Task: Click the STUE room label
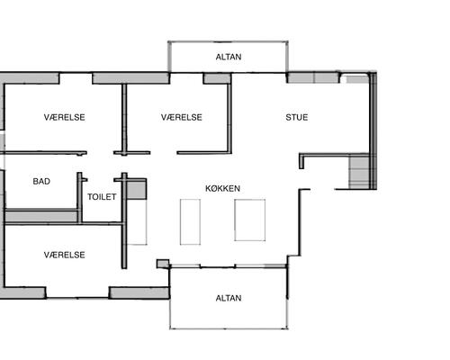(x=297, y=117)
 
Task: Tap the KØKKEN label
(x=222, y=188)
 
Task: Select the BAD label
(x=41, y=181)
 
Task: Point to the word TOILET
(x=102, y=197)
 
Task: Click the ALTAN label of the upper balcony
(x=229, y=57)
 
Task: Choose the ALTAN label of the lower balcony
(x=229, y=298)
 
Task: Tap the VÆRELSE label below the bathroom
(x=65, y=255)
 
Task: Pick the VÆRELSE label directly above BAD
(x=65, y=117)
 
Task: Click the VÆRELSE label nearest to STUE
(x=182, y=117)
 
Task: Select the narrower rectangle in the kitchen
(x=190, y=221)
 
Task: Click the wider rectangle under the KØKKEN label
(x=250, y=220)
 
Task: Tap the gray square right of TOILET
(x=137, y=190)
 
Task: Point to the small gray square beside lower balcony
(x=163, y=264)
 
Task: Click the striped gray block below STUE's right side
(x=359, y=172)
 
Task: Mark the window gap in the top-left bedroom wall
(x=76, y=78)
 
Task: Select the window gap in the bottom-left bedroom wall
(x=77, y=292)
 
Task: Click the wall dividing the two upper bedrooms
(x=124, y=119)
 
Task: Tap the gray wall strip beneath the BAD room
(x=41, y=216)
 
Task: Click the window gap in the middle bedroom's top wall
(x=186, y=78)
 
